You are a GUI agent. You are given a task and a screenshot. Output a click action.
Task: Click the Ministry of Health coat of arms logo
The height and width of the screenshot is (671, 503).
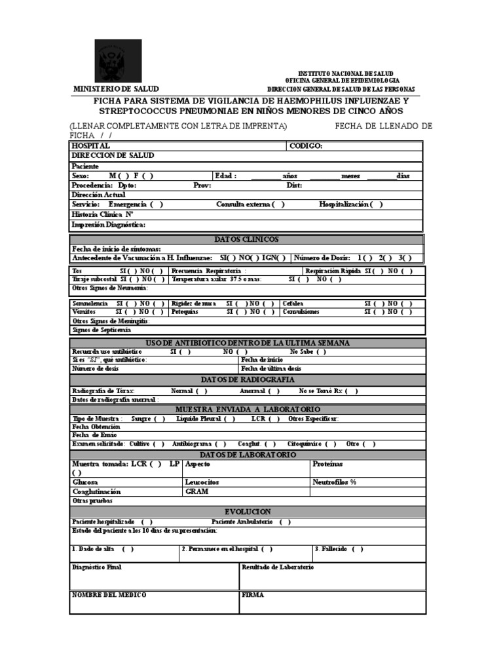(x=118, y=61)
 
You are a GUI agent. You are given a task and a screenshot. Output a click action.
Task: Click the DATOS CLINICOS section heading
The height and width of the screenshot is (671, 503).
(x=246, y=239)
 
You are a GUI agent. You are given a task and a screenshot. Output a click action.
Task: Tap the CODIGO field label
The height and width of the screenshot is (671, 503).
(x=306, y=145)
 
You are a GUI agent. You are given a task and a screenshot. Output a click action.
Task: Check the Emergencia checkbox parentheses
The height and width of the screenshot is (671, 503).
(x=157, y=204)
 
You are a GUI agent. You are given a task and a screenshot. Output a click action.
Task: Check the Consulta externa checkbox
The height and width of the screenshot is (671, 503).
(x=278, y=204)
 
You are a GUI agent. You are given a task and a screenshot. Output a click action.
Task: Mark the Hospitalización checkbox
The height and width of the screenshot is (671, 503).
(x=377, y=204)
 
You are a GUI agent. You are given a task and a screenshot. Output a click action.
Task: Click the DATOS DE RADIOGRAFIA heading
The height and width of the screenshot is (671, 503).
(x=247, y=380)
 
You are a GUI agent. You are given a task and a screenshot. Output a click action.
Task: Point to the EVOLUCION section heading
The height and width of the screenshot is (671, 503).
(x=247, y=511)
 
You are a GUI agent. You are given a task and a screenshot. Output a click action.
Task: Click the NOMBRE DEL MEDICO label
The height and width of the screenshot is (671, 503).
(x=109, y=594)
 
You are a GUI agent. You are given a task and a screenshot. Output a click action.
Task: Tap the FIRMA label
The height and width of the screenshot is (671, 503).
(x=253, y=594)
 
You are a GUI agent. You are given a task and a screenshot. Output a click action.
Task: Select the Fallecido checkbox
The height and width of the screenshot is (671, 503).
(x=357, y=549)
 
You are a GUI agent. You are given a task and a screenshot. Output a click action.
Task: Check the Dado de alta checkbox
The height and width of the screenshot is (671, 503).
(x=128, y=549)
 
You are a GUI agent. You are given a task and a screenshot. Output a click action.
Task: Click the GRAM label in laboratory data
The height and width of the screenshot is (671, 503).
(x=196, y=491)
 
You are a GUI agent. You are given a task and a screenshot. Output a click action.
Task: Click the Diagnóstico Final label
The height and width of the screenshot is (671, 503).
(x=97, y=567)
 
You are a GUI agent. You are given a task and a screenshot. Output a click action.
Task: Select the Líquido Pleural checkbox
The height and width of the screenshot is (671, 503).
(x=229, y=418)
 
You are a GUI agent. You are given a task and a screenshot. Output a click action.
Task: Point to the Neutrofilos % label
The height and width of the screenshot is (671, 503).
(x=335, y=482)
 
